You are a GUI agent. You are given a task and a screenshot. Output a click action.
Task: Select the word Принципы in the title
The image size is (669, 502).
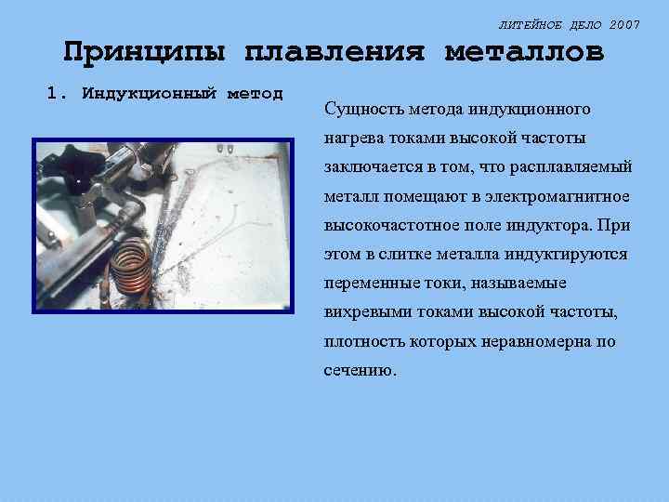coord(143,52)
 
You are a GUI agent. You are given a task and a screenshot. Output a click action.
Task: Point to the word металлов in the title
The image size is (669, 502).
coord(525,52)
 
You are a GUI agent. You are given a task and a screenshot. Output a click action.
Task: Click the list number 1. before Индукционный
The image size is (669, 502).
coord(58,94)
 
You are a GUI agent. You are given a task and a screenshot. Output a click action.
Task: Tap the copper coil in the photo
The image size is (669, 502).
coord(129,271)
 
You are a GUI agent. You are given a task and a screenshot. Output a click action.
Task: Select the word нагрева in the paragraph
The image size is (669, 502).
coord(351,139)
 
